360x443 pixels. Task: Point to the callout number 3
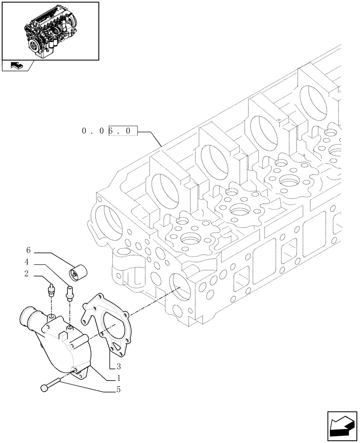[x=118, y=366]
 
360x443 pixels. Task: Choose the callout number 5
[x=118, y=390]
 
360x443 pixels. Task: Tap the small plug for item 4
[x=69, y=293]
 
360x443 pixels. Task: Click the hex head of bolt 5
[x=44, y=388]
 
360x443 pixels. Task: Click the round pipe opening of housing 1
[x=27, y=319]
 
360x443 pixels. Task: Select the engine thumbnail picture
[x=50, y=31]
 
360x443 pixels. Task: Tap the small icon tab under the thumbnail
[x=17, y=66]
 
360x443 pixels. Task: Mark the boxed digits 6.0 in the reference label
[x=123, y=132]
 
